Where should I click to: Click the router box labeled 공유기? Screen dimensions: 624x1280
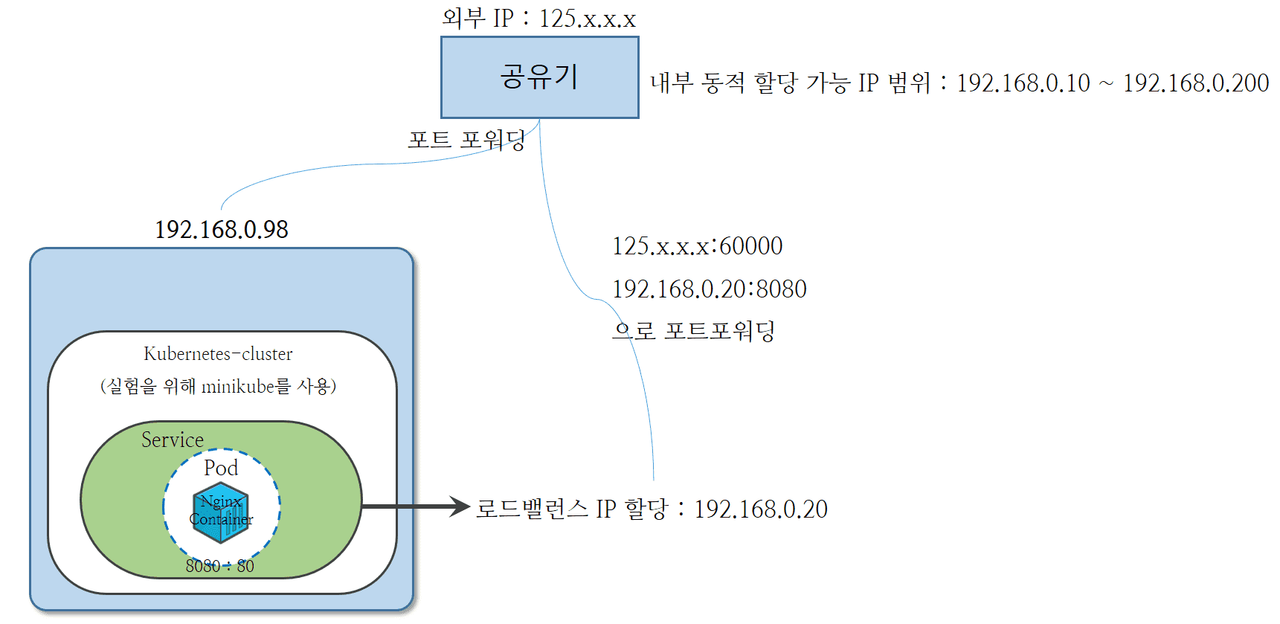coord(539,77)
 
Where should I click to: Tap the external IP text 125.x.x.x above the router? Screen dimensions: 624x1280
coord(587,19)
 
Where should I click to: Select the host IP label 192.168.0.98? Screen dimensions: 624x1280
coord(221,229)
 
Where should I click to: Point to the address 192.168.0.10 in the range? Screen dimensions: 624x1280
coord(1023,83)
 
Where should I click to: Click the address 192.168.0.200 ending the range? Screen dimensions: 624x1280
coord(1195,83)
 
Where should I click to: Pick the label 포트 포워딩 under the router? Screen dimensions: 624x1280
coord(466,140)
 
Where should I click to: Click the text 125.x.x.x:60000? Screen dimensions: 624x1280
coord(697,246)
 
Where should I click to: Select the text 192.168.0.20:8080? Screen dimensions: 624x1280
coord(709,289)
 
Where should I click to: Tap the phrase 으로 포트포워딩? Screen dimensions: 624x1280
coord(693,330)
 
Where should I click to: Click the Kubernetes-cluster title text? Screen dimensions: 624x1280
coord(218,354)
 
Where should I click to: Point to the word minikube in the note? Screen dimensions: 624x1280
coord(238,387)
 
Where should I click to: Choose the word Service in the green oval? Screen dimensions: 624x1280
coord(173,440)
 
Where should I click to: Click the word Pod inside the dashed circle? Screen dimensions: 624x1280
coord(221,468)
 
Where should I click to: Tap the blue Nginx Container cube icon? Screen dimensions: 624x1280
coord(221,512)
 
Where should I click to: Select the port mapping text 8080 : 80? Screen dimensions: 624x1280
coord(219,566)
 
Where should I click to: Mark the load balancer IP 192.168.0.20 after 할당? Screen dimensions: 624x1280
coord(760,509)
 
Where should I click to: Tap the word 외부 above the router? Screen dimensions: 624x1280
coord(463,19)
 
